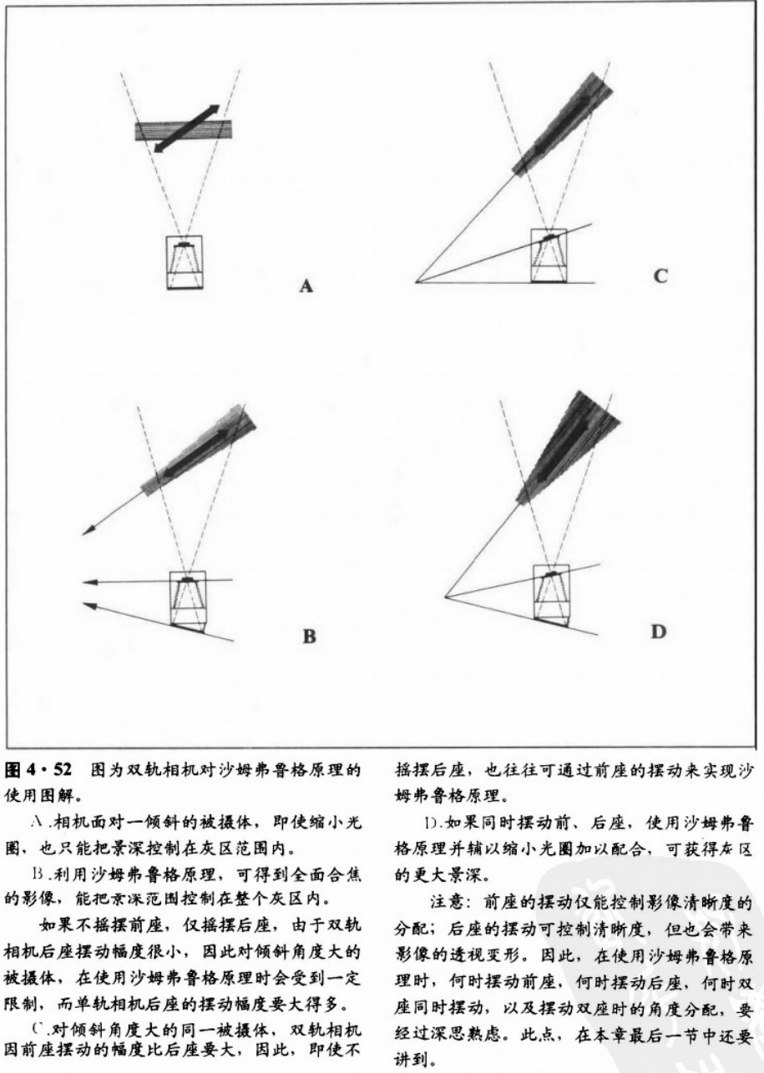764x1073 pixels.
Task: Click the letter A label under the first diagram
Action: click(x=306, y=287)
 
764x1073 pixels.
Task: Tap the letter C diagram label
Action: click(x=660, y=276)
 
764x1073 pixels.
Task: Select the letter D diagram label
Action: click(x=659, y=632)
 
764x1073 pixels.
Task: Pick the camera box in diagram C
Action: click(x=549, y=255)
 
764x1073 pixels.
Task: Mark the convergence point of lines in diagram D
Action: click(x=445, y=596)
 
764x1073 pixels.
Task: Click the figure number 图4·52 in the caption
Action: click(x=41, y=766)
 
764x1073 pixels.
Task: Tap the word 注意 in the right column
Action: click(x=447, y=898)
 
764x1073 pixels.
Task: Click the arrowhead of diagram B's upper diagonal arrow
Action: click(x=87, y=531)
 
